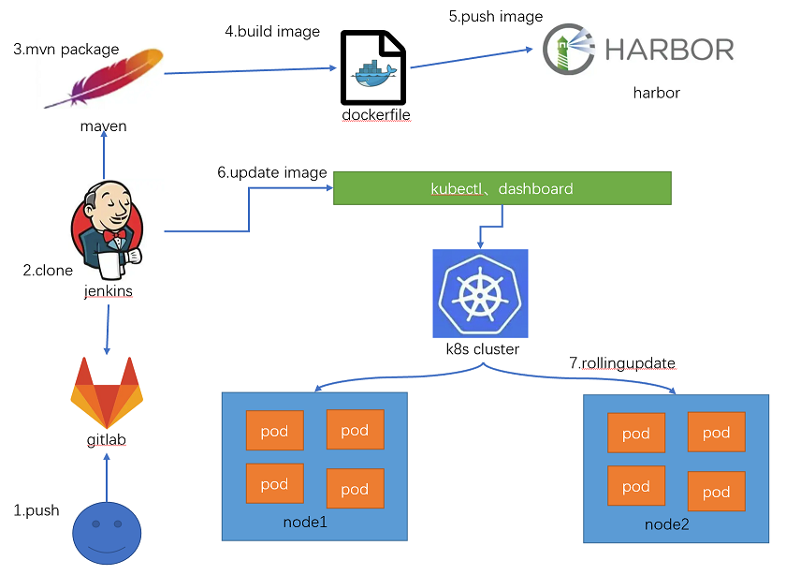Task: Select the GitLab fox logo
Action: tap(107, 391)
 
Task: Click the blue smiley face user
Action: tap(106, 533)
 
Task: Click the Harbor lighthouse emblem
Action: tap(567, 50)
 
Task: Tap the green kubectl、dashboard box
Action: tap(502, 188)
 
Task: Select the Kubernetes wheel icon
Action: tap(480, 293)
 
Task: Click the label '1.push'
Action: tap(36, 510)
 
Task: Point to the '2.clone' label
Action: tap(48, 271)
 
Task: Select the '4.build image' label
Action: tap(272, 32)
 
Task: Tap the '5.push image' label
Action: tap(496, 16)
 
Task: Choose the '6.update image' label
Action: tap(272, 172)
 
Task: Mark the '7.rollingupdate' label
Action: tap(622, 362)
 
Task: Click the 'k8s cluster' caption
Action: tap(482, 349)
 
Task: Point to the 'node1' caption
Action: tap(305, 521)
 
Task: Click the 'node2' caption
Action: tap(666, 524)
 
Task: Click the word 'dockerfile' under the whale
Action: tap(375, 115)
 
